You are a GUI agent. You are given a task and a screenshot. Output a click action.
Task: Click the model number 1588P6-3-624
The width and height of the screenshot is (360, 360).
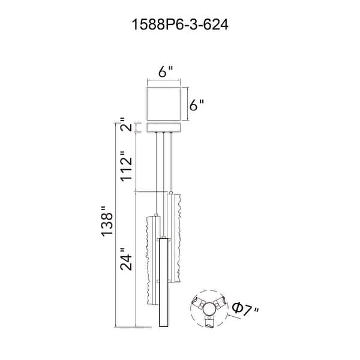pyautogui.click(x=180, y=25)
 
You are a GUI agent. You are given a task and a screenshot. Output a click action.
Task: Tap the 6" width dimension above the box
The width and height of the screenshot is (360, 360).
pyautogui.click(x=166, y=72)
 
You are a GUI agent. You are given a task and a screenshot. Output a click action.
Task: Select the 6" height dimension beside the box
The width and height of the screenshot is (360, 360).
pyautogui.click(x=197, y=105)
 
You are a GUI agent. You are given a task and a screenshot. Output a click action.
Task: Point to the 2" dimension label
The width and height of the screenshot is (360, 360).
pyautogui.click(x=127, y=124)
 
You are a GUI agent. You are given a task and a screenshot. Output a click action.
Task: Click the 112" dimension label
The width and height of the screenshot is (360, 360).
pyautogui.click(x=127, y=166)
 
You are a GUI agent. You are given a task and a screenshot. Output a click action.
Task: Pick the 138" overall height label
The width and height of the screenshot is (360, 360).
pyautogui.click(x=107, y=221)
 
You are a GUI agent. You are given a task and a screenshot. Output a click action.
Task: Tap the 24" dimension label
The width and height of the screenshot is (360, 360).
pyautogui.click(x=127, y=259)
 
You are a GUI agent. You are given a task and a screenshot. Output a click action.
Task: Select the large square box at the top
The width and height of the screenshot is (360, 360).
pyautogui.click(x=164, y=104)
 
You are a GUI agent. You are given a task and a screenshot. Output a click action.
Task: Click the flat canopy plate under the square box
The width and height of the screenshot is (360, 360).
pyautogui.click(x=164, y=128)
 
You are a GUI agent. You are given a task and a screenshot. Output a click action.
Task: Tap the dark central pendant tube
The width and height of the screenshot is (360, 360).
pyautogui.click(x=163, y=283)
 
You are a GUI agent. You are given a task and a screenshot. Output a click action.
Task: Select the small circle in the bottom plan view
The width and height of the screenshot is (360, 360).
pyautogui.click(x=209, y=309)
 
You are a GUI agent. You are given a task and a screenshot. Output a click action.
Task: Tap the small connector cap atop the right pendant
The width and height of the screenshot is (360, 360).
pyautogui.click(x=170, y=193)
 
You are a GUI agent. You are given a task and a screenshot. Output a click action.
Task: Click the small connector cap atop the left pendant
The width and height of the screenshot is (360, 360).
pyautogui.click(x=157, y=214)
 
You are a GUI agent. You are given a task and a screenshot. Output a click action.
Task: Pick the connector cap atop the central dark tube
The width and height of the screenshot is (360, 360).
pyautogui.click(x=163, y=237)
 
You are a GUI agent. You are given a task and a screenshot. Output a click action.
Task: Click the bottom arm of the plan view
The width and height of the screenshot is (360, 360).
pyautogui.click(x=209, y=321)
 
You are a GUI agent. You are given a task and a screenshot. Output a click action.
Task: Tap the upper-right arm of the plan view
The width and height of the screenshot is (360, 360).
pyautogui.click(x=220, y=302)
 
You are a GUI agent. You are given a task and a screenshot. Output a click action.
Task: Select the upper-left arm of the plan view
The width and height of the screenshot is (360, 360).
pyautogui.click(x=198, y=302)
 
